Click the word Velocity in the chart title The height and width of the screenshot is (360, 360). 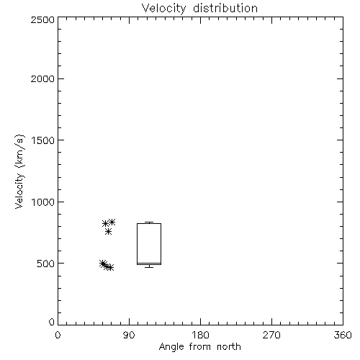pyautogui.click(x=164, y=9)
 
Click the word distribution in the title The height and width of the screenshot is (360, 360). pyautogui.click(x=225, y=8)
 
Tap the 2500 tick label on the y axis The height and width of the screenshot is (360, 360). pyautogui.click(x=42, y=19)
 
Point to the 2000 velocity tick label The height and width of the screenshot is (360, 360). pyautogui.click(x=42, y=78)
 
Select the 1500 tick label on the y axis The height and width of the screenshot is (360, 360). pyautogui.click(x=43, y=140)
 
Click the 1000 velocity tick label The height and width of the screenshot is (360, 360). pyautogui.click(x=43, y=202)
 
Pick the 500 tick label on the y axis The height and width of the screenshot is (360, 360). pyautogui.click(x=46, y=264)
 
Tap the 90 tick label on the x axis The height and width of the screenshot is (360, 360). pyautogui.click(x=129, y=335)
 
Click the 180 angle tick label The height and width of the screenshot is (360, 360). pyautogui.click(x=200, y=335)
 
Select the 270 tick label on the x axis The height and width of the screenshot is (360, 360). pyautogui.click(x=271, y=335)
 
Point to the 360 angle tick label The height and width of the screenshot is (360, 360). pyautogui.click(x=343, y=335)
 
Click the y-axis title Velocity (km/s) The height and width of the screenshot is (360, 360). pyautogui.click(x=19, y=171)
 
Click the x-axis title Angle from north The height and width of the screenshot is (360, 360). pyautogui.click(x=200, y=347)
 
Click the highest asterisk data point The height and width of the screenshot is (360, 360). pyautogui.click(x=112, y=222)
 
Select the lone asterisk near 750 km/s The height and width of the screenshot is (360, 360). pyautogui.click(x=108, y=232)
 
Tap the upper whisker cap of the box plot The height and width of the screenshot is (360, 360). pyautogui.click(x=149, y=222)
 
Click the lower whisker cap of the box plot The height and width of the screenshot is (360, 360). pyautogui.click(x=149, y=267)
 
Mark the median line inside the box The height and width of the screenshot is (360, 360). pyautogui.click(x=149, y=263)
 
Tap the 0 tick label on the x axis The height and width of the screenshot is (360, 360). pyautogui.click(x=58, y=335)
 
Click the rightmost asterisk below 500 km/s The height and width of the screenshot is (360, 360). pyautogui.click(x=110, y=267)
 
